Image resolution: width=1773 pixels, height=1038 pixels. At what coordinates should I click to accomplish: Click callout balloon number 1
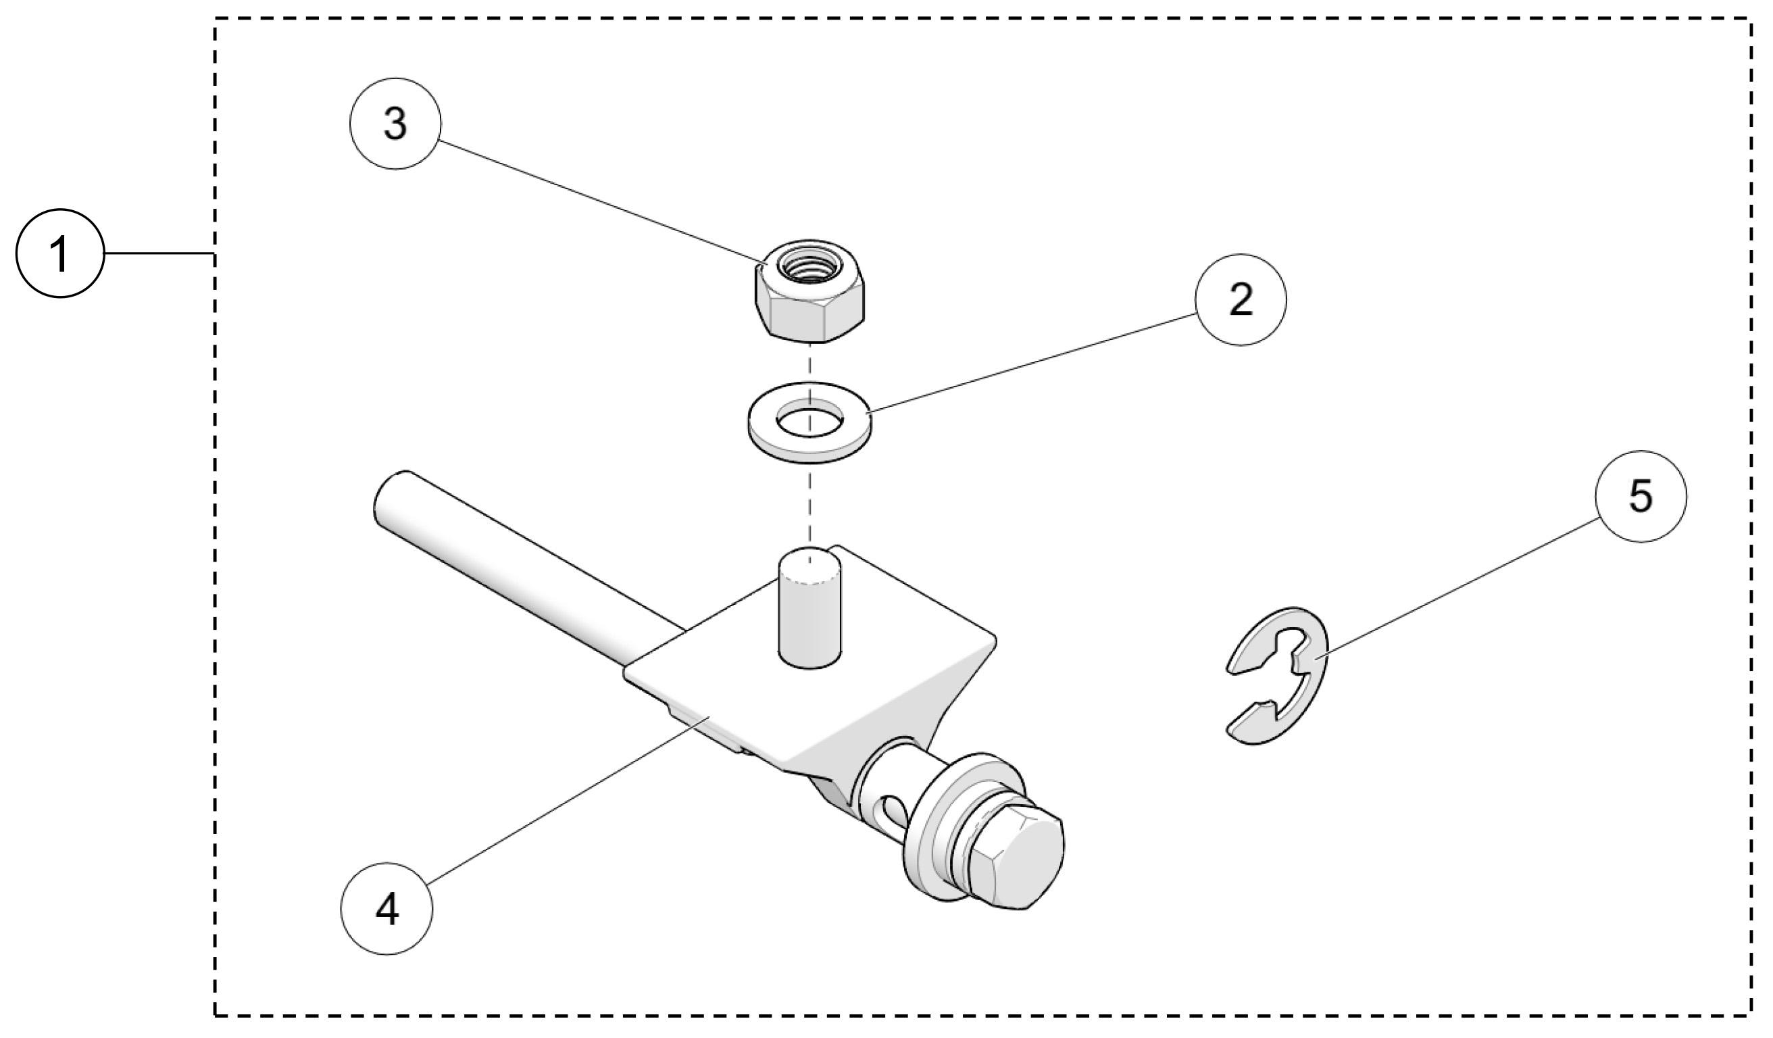61,253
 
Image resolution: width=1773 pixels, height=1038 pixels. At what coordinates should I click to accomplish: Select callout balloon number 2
1241,300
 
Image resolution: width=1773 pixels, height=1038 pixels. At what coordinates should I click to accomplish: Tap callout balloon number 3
395,124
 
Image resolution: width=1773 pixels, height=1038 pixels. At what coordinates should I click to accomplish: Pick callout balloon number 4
386,909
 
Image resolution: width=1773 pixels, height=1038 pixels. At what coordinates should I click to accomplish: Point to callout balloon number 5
1641,497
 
